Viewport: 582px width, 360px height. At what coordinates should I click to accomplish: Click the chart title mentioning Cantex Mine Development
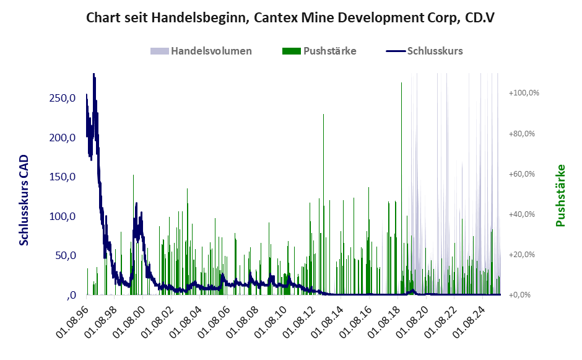290,17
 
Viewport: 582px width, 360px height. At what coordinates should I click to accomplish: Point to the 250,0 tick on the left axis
63,99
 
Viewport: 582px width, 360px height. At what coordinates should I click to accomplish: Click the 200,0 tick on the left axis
63,138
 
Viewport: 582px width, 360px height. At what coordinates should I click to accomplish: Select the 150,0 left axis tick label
63,177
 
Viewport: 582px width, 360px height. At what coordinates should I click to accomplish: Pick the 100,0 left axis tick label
63,216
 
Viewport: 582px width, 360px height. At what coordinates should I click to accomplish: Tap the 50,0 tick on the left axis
65,255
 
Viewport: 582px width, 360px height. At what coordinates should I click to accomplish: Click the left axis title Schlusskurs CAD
24,200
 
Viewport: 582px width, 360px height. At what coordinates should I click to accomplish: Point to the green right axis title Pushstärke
561,195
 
